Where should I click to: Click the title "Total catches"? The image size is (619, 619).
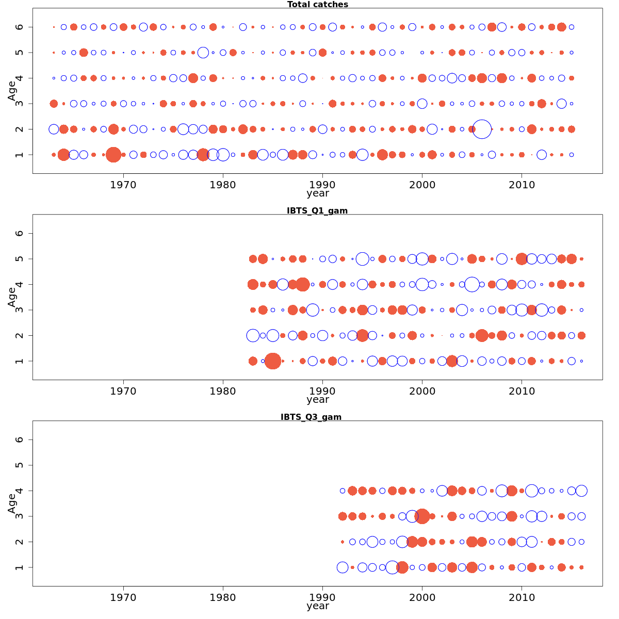click(317, 5)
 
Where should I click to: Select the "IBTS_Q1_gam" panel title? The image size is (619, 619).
click(317, 210)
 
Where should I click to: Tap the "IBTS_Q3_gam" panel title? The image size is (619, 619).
click(311, 417)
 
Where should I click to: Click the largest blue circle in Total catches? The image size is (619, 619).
click(482, 129)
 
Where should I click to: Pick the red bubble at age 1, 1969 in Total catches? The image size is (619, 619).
click(113, 154)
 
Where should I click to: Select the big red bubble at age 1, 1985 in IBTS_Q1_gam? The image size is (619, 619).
click(273, 361)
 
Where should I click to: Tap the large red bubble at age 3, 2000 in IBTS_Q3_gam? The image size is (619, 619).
click(422, 516)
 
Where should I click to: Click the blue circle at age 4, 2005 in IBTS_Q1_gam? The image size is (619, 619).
click(472, 284)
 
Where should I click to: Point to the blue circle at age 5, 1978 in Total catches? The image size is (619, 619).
click(203, 53)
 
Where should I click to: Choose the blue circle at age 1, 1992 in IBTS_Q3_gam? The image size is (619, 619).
click(343, 567)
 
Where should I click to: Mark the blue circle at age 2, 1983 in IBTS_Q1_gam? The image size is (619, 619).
click(253, 335)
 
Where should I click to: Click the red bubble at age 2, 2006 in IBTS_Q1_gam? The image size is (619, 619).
click(482, 335)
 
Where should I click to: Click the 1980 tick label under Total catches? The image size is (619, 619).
click(223, 185)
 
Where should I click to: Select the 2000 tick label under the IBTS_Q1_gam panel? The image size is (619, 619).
click(422, 391)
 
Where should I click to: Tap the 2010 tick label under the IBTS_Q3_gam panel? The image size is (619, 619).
click(522, 597)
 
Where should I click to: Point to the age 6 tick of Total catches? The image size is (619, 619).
click(20, 27)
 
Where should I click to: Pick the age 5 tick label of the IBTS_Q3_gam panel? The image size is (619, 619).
click(20, 465)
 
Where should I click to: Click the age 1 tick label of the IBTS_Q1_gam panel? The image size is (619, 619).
click(20, 361)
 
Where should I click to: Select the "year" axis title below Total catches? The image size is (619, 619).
click(317, 194)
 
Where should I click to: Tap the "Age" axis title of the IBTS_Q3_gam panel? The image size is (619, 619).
click(12, 503)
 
